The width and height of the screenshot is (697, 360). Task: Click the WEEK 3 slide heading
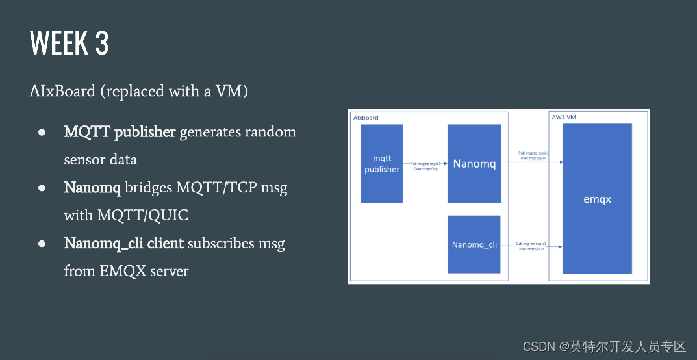(x=69, y=44)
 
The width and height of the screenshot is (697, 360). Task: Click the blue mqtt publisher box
(x=382, y=164)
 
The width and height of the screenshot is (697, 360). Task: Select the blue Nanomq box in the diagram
(x=474, y=164)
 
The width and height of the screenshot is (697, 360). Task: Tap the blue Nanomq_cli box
(x=474, y=245)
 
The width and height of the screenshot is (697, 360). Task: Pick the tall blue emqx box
(x=597, y=199)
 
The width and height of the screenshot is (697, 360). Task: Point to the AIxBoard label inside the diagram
(x=366, y=118)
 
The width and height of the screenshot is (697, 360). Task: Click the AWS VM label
(x=565, y=117)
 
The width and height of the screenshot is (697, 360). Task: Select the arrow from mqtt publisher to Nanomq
(x=425, y=164)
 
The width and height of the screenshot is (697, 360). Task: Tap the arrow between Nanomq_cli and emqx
(x=531, y=246)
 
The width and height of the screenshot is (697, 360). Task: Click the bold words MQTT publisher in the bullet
(x=120, y=132)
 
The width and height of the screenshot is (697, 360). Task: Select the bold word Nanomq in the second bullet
(x=92, y=188)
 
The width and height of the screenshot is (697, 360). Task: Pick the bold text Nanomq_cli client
(x=124, y=244)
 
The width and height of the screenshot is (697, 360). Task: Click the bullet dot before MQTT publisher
(x=41, y=132)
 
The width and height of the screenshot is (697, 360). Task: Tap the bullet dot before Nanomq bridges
(x=41, y=188)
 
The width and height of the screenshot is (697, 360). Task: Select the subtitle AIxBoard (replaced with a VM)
(x=138, y=91)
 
